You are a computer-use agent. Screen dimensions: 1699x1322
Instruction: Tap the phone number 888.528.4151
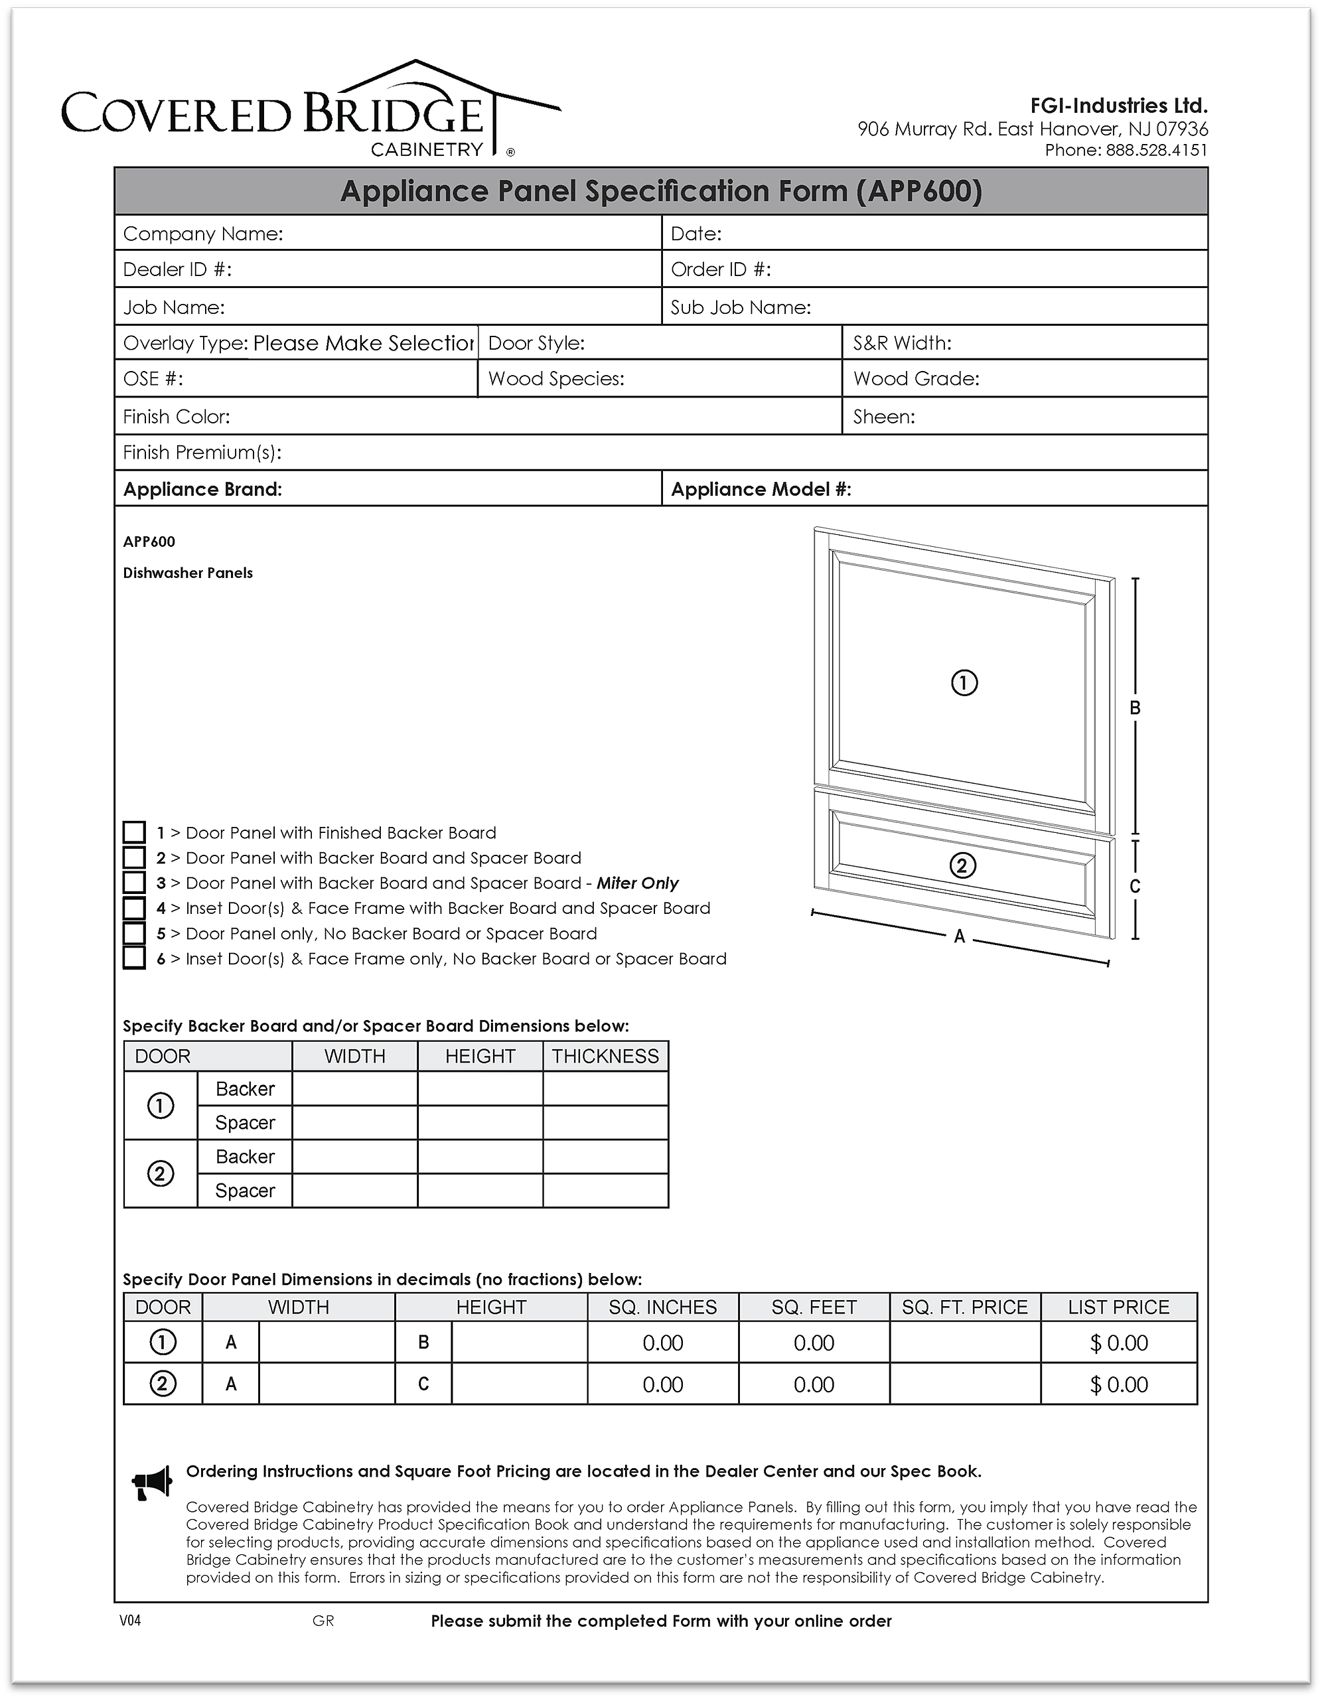point(1156,150)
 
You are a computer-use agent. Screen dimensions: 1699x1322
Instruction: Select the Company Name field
point(467,234)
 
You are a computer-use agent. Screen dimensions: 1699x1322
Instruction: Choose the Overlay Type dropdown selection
point(364,343)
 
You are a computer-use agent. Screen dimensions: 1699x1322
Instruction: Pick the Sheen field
point(1059,416)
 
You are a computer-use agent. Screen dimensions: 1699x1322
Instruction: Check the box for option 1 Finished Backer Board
point(135,832)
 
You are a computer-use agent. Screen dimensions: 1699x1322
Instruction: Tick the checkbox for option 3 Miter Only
point(135,882)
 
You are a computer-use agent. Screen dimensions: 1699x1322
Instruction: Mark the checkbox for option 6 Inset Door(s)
point(135,958)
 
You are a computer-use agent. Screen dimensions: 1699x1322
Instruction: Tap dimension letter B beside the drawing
point(1136,708)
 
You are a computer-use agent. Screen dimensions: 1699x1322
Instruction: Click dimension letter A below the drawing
point(960,936)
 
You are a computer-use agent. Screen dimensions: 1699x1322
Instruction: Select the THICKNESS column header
point(605,1056)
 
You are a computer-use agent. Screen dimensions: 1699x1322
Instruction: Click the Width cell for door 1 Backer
point(355,1088)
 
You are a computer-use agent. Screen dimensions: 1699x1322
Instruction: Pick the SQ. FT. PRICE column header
point(965,1307)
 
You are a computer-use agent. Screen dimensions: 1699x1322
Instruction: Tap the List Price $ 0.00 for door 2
point(1119,1384)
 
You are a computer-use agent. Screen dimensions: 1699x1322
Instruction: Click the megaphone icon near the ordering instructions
point(152,1483)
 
